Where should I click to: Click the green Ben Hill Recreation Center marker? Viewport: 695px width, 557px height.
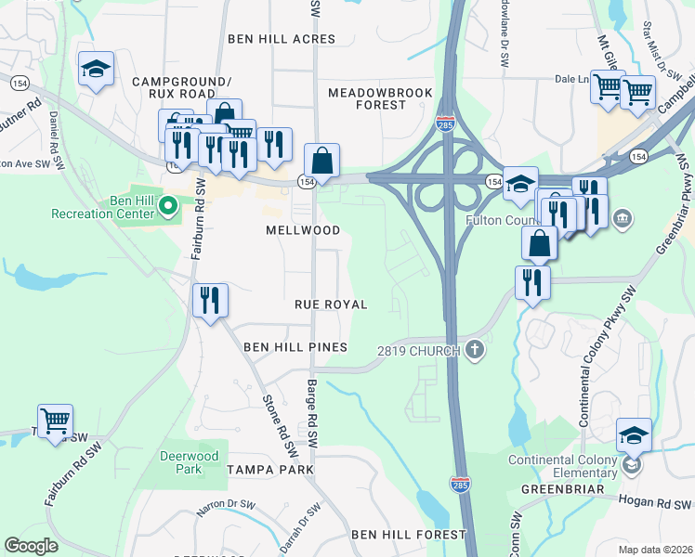168,204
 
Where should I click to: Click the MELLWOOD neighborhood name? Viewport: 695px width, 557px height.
302,229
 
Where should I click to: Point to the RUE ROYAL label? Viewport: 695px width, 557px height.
331,304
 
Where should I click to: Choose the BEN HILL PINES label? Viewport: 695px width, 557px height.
295,347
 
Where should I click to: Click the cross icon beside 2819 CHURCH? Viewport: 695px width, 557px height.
475,351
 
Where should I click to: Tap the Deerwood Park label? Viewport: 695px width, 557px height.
180,462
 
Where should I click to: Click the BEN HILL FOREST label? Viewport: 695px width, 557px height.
408,535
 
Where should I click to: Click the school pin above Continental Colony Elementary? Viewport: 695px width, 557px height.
634,435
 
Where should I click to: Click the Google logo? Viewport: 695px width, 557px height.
32,545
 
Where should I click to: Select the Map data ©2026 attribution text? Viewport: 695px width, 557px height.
655,550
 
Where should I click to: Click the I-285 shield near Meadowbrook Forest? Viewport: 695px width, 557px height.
446,123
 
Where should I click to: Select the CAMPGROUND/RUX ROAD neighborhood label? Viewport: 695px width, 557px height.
180,88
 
